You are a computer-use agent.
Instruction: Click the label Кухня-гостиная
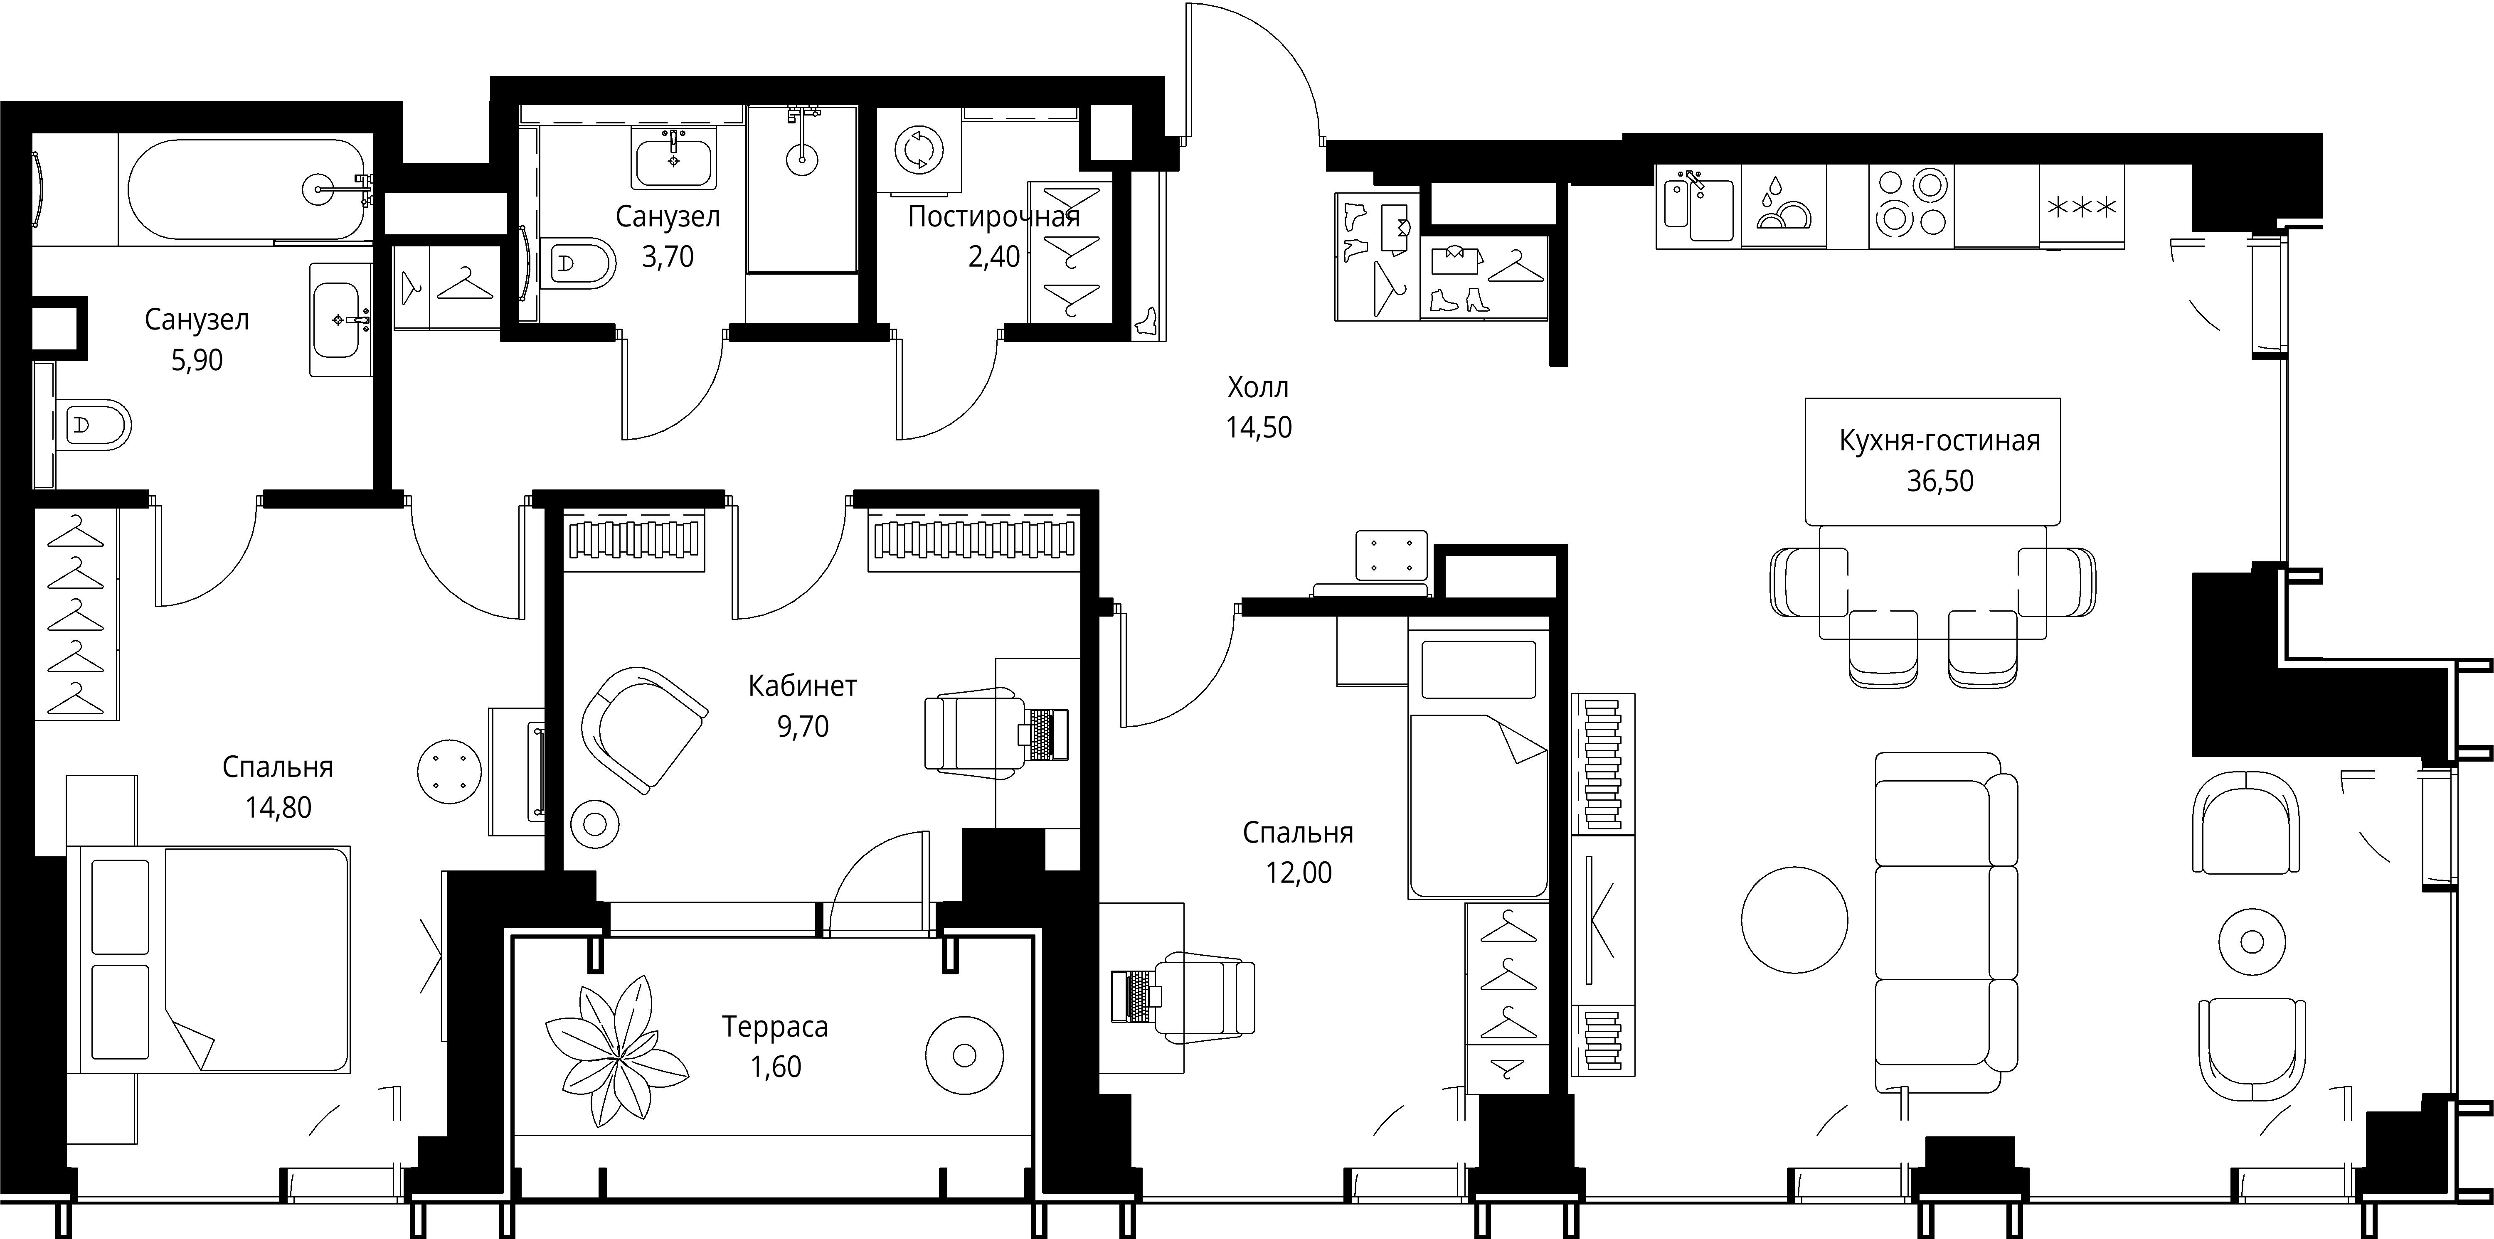[1939, 441]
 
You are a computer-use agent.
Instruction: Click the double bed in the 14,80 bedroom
[208, 958]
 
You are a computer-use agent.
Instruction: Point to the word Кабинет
[803, 686]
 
